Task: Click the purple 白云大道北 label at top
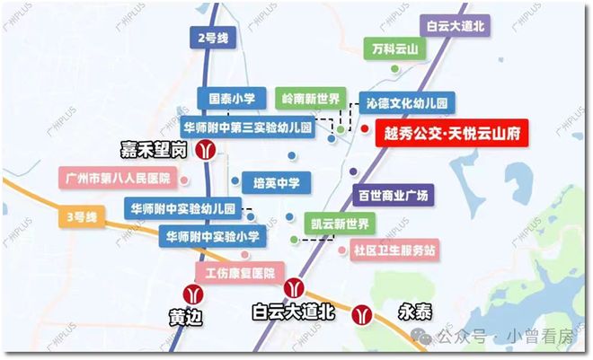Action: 455,27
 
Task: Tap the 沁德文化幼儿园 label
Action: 407,102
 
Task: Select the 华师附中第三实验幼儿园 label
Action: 247,127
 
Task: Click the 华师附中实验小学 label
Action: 212,237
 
